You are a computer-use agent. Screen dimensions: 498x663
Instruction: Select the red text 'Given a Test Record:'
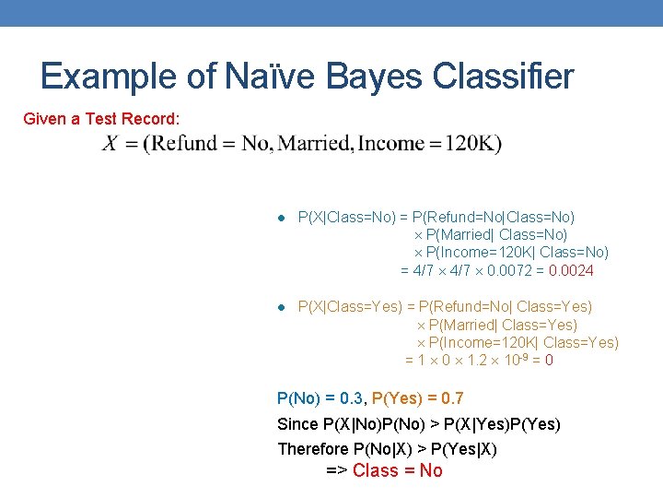(x=101, y=119)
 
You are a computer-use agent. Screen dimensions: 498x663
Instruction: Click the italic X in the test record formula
(x=110, y=144)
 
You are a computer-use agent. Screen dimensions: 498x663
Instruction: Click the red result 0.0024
(x=571, y=270)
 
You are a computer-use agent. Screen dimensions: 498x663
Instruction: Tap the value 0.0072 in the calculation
(x=503, y=270)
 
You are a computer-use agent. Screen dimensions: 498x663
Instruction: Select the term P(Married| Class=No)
(x=496, y=235)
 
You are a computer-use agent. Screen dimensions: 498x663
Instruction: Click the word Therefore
(x=313, y=449)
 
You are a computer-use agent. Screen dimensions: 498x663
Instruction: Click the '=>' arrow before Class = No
(x=337, y=471)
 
